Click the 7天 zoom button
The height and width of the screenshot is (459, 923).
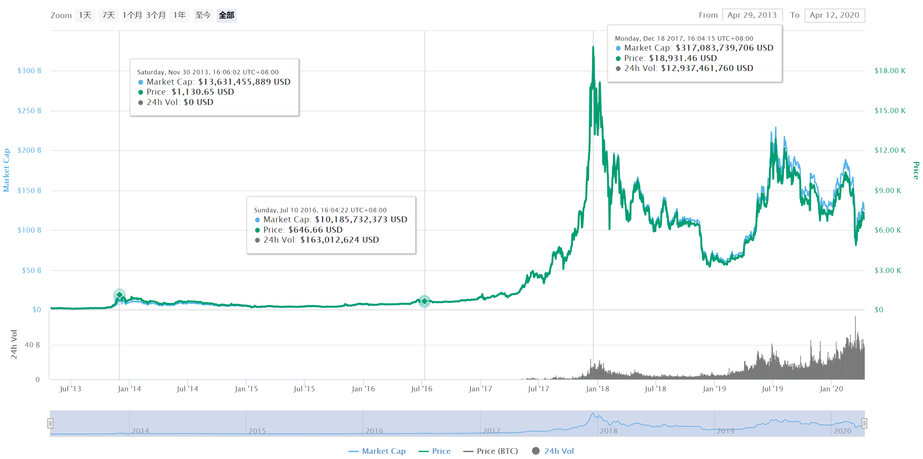click(x=109, y=16)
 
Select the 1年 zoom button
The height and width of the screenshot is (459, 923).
click(x=180, y=16)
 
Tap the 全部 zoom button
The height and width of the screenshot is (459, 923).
click(x=227, y=16)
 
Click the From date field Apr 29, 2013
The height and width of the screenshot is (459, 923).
click(x=752, y=16)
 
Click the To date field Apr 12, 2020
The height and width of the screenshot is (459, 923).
click(x=834, y=16)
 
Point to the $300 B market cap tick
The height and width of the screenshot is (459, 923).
click(x=30, y=71)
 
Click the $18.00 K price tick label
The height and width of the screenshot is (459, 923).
click(x=890, y=71)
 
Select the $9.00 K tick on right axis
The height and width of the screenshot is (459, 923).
click(x=887, y=190)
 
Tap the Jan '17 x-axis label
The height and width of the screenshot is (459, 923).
click(x=480, y=389)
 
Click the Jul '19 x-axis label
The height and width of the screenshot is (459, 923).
click(x=772, y=389)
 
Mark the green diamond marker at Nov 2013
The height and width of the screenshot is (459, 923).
click(x=119, y=295)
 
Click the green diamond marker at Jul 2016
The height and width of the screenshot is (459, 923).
click(x=425, y=301)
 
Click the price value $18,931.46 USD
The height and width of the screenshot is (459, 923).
click(x=683, y=58)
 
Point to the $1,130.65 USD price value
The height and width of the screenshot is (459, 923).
click(x=203, y=92)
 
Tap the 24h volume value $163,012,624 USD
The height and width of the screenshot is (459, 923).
click(x=339, y=240)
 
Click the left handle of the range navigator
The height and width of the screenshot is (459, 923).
click(x=50, y=423)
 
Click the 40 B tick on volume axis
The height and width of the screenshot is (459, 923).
click(x=32, y=345)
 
